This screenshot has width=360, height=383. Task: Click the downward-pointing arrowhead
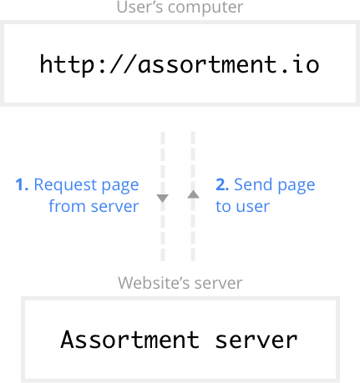tap(163, 199)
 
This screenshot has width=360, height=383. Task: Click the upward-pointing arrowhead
tap(193, 194)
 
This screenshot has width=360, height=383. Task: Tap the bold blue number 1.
tap(22, 184)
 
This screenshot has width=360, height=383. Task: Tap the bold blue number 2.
tap(222, 184)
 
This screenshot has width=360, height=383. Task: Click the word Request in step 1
tap(65, 185)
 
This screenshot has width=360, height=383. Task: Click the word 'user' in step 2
tap(253, 207)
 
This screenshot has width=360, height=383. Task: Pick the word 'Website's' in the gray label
tap(154, 283)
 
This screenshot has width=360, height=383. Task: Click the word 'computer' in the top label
tap(205, 7)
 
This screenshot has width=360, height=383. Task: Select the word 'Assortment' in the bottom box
tap(130, 340)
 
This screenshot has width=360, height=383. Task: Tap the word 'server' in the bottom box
tap(256, 340)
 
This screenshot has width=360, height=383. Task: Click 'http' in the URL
tap(67, 65)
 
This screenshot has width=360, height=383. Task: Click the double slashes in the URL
tap(124, 64)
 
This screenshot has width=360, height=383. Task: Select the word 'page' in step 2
tap(297, 186)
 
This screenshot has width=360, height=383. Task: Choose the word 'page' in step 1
tap(120, 186)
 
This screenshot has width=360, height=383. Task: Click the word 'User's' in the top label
tap(139, 7)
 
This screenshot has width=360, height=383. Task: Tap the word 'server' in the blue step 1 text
tap(114, 207)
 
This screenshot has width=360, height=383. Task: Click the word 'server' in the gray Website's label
tap(218, 284)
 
